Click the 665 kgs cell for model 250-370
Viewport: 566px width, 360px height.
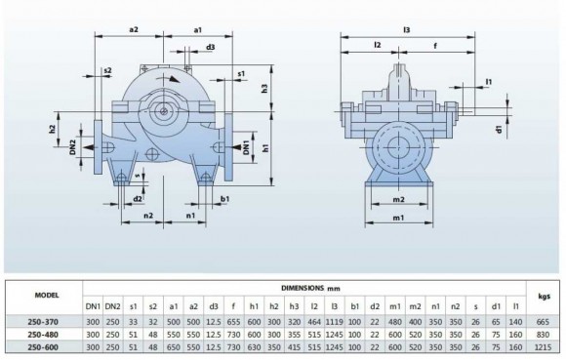544,319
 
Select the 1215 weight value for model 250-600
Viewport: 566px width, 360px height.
544,346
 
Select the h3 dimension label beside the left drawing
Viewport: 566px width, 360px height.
275,89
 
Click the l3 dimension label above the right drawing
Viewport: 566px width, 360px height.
406,29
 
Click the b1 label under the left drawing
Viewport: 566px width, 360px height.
225,199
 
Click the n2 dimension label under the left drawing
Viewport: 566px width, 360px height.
147,217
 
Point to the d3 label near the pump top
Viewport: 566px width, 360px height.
211,47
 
